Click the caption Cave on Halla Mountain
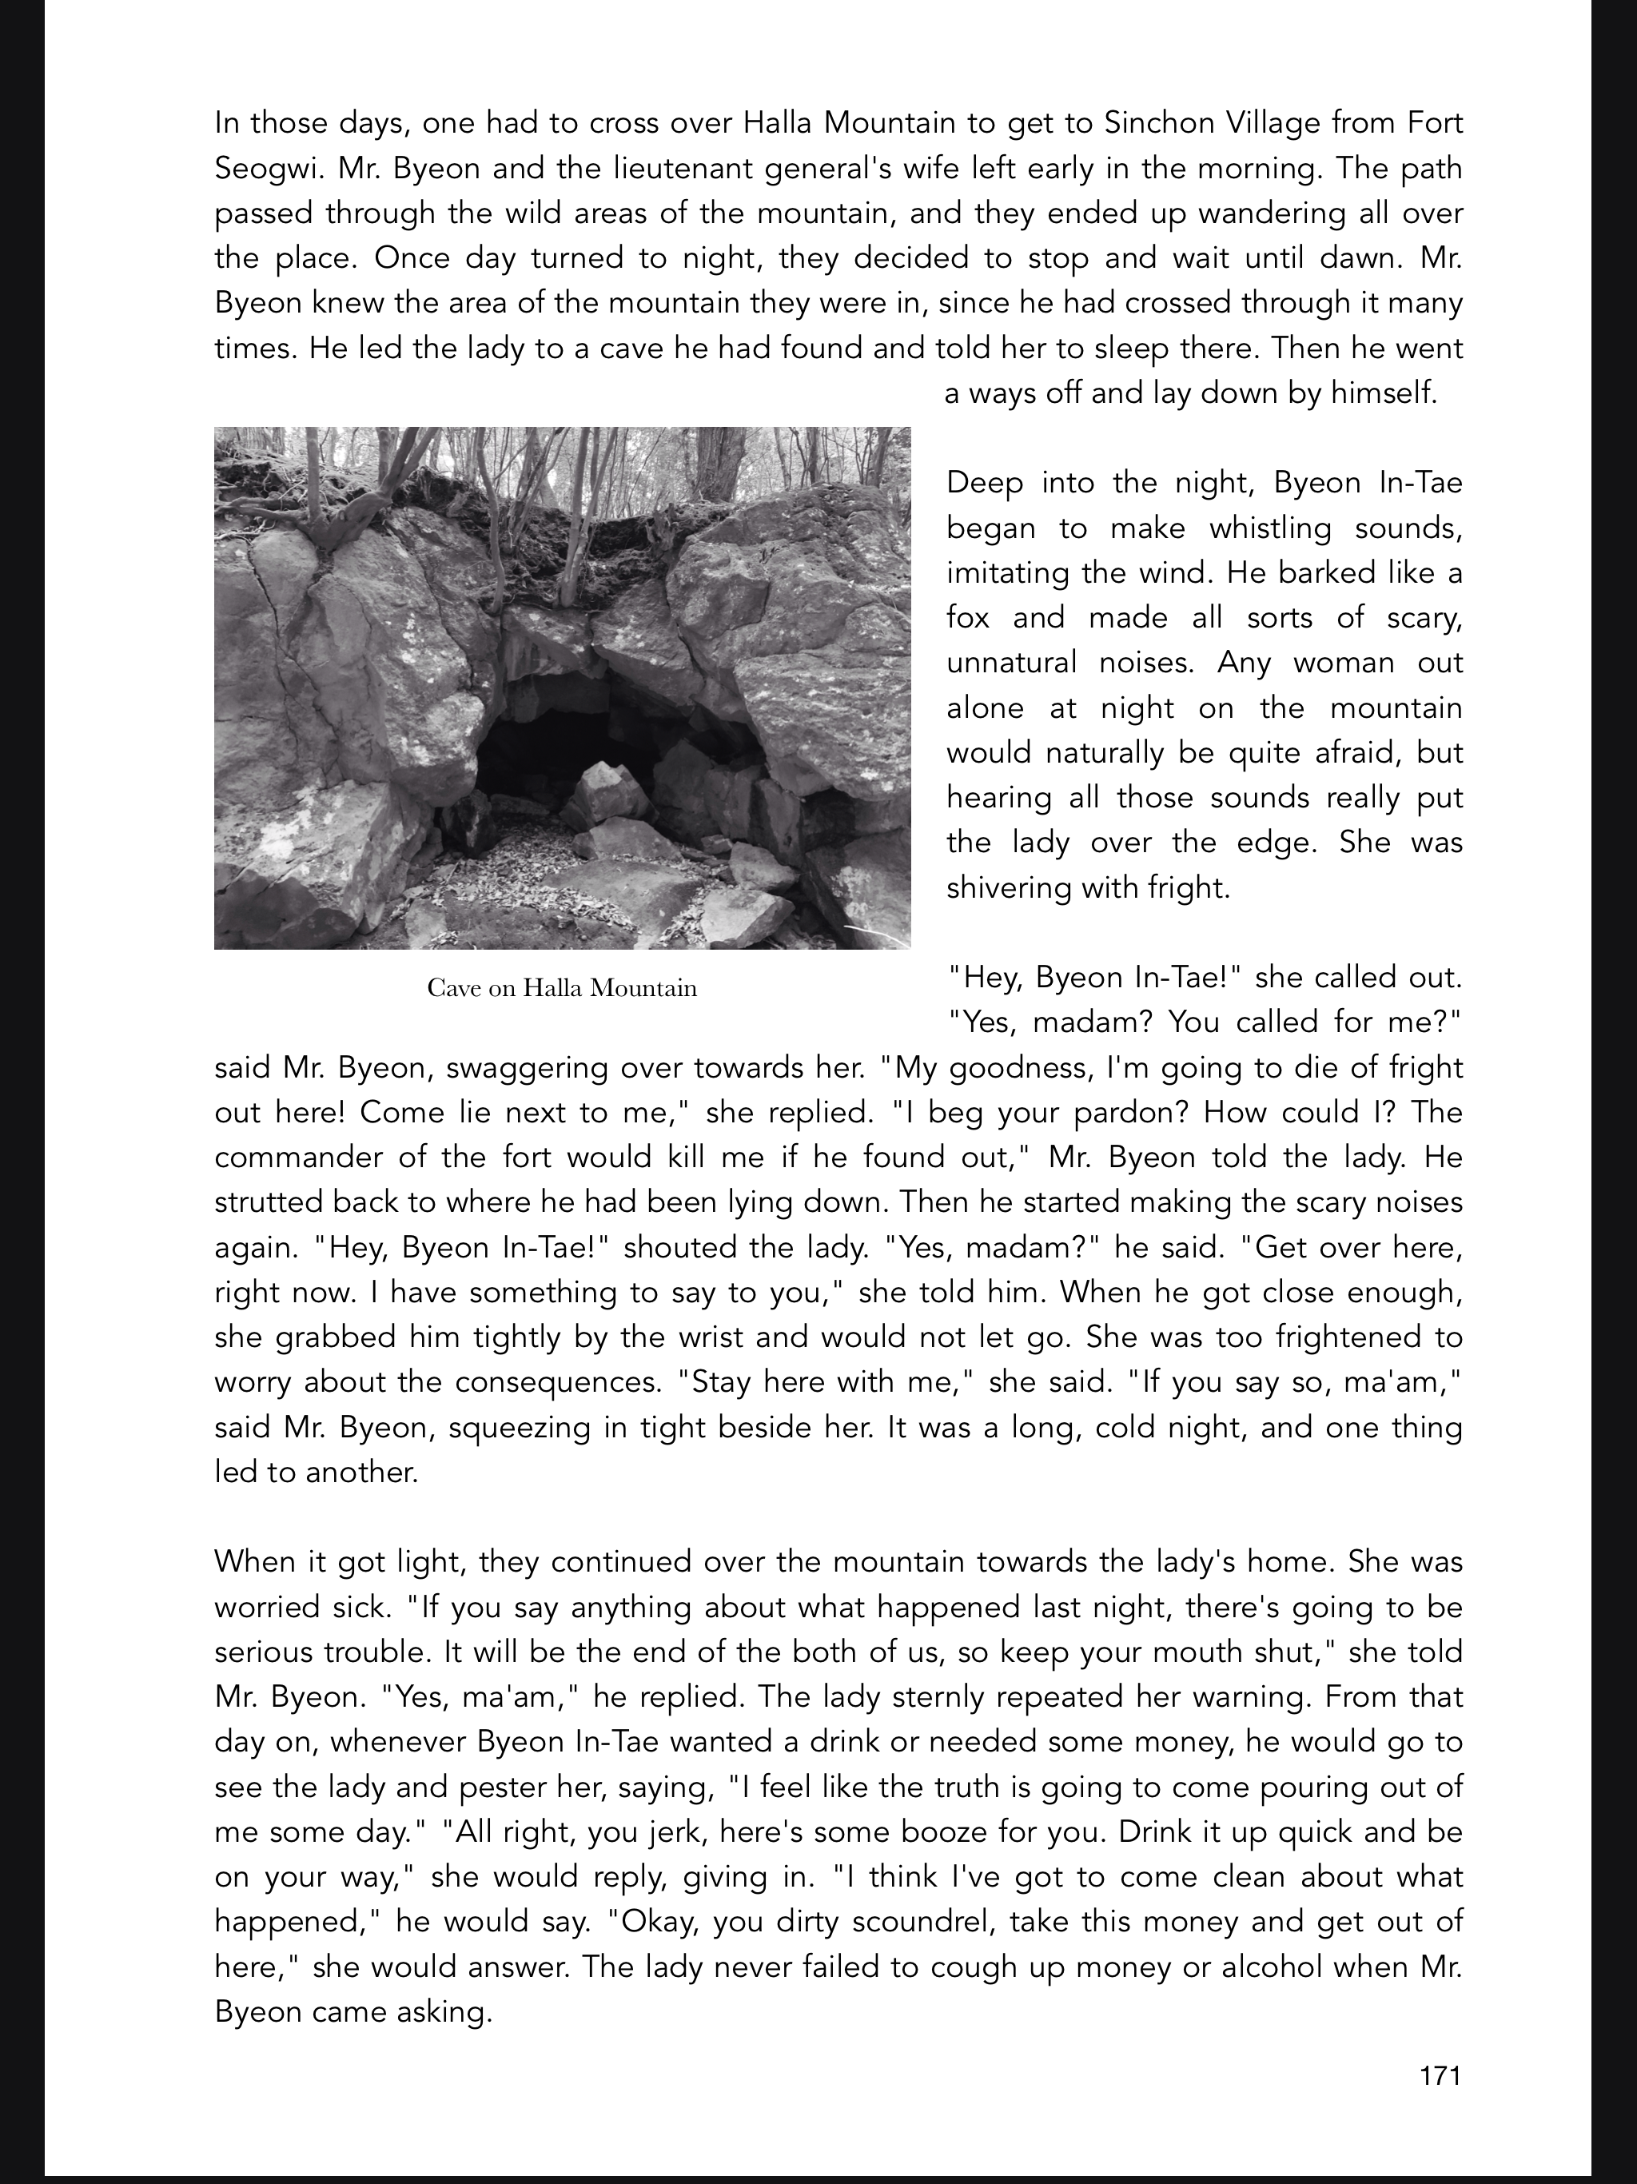tap(562, 987)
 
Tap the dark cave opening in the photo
tap(553, 751)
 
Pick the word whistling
tap(1269, 528)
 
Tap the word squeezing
tap(520, 1427)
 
